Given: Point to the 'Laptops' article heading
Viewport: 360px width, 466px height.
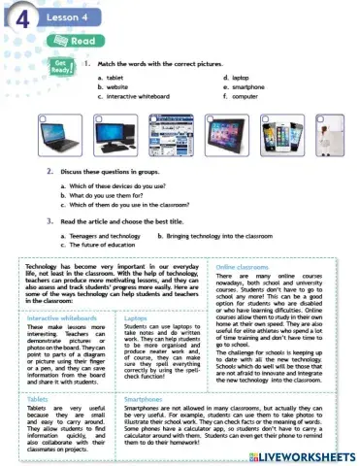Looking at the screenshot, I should tap(136, 317).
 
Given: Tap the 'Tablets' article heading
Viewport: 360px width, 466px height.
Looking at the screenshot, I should tap(39, 399).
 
